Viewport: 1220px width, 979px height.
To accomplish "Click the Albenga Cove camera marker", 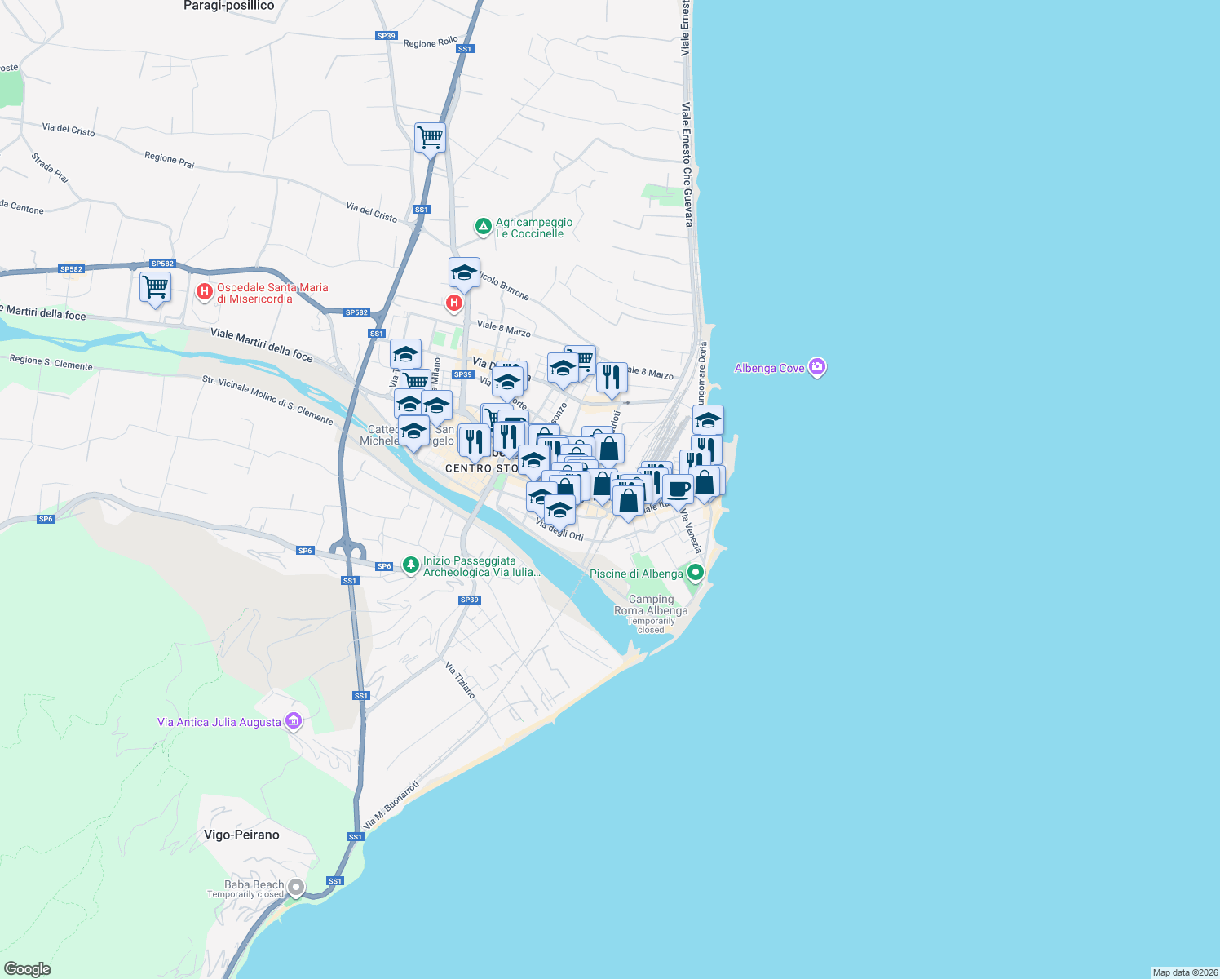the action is (817, 368).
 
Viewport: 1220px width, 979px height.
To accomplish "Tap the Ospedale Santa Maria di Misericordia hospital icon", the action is (204, 291).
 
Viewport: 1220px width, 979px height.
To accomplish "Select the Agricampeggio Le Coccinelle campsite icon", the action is (483, 226).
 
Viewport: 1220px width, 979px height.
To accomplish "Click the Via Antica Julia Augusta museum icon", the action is (294, 721).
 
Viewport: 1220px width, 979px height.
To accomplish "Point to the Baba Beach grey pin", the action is (296, 888).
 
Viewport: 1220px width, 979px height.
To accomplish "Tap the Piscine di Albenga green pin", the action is (695, 573).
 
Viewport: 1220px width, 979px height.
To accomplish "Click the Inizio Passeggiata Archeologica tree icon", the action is (411, 564).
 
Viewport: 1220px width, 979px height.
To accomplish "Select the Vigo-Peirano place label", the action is (241, 835).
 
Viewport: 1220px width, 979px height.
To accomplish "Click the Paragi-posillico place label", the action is (228, 6).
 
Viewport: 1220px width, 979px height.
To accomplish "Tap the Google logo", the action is (28, 968).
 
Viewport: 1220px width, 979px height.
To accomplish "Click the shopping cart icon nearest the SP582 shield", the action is (155, 287).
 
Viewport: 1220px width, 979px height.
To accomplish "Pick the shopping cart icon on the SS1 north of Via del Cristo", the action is (430, 137).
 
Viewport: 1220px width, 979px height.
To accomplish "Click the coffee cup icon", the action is (678, 489).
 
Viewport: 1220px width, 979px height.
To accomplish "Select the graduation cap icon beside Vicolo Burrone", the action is (464, 273).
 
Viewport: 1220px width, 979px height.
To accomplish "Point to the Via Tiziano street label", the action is (460, 680).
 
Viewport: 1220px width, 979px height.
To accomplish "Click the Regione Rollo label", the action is (431, 42).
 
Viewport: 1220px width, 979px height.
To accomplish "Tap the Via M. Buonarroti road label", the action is (391, 804).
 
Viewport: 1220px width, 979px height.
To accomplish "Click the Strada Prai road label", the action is (51, 167).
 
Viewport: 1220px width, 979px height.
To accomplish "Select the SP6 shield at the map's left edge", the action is (46, 519).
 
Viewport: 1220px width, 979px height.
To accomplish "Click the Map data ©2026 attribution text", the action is (1184, 972).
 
